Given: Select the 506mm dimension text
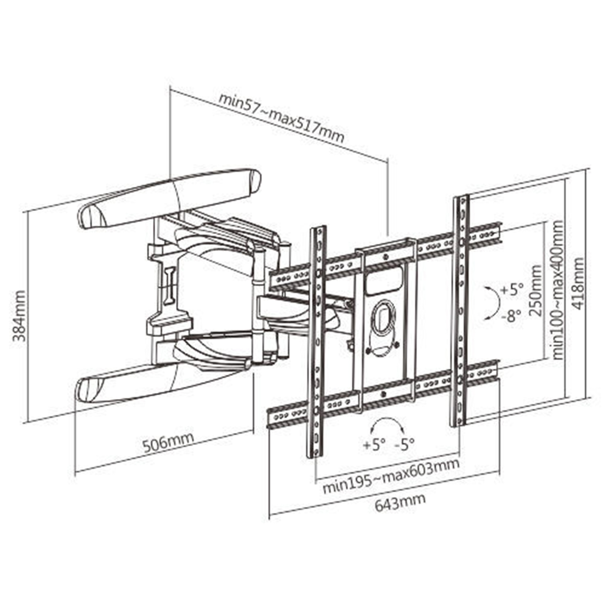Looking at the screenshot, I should (168, 442).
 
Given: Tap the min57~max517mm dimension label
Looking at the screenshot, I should (282, 118).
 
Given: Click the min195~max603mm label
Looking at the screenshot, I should (391, 475).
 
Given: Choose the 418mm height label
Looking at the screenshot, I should (578, 283).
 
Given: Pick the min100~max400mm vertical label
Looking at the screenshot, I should (558, 290).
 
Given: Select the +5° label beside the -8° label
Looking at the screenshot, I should (512, 290).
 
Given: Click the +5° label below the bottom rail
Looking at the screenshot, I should (374, 444).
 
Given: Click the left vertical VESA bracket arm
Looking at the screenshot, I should (317, 341).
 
